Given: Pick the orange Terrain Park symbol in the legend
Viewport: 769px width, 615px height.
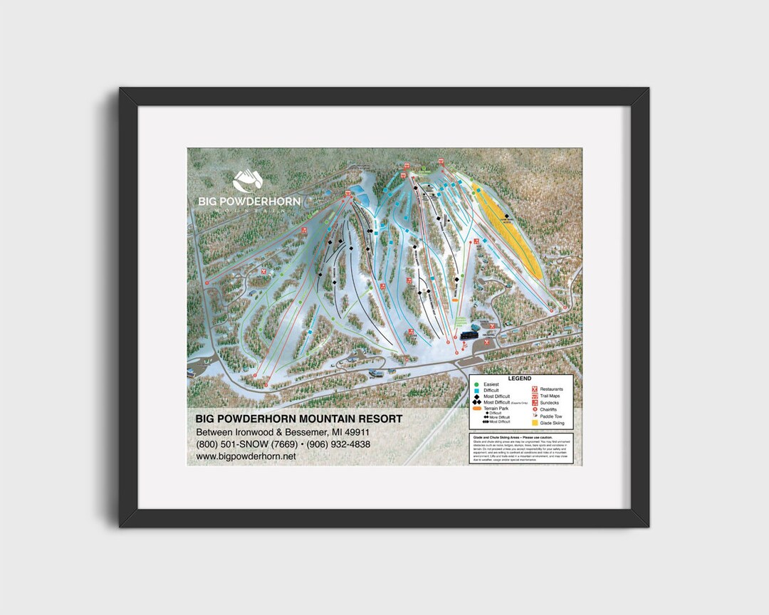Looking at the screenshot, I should click(476, 409).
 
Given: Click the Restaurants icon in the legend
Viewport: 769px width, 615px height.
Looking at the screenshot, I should click(534, 389).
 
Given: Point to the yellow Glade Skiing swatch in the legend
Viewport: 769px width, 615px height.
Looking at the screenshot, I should click(534, 423).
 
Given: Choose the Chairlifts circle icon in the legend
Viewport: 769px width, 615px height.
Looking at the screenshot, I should click(534, 409).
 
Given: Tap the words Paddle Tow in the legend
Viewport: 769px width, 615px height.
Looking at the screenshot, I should click(553, 416).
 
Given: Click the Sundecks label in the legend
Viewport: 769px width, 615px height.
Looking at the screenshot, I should click(550, 403).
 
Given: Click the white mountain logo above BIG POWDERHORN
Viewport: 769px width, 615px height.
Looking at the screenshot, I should click(249, 182).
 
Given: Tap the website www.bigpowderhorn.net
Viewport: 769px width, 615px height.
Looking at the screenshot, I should click(246, 456).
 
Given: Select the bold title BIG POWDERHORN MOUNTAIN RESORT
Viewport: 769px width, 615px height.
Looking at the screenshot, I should click(299, 419).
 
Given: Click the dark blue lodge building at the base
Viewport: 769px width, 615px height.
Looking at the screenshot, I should click(469, 333).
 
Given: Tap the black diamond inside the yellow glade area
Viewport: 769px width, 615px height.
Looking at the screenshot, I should click(507, 216).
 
